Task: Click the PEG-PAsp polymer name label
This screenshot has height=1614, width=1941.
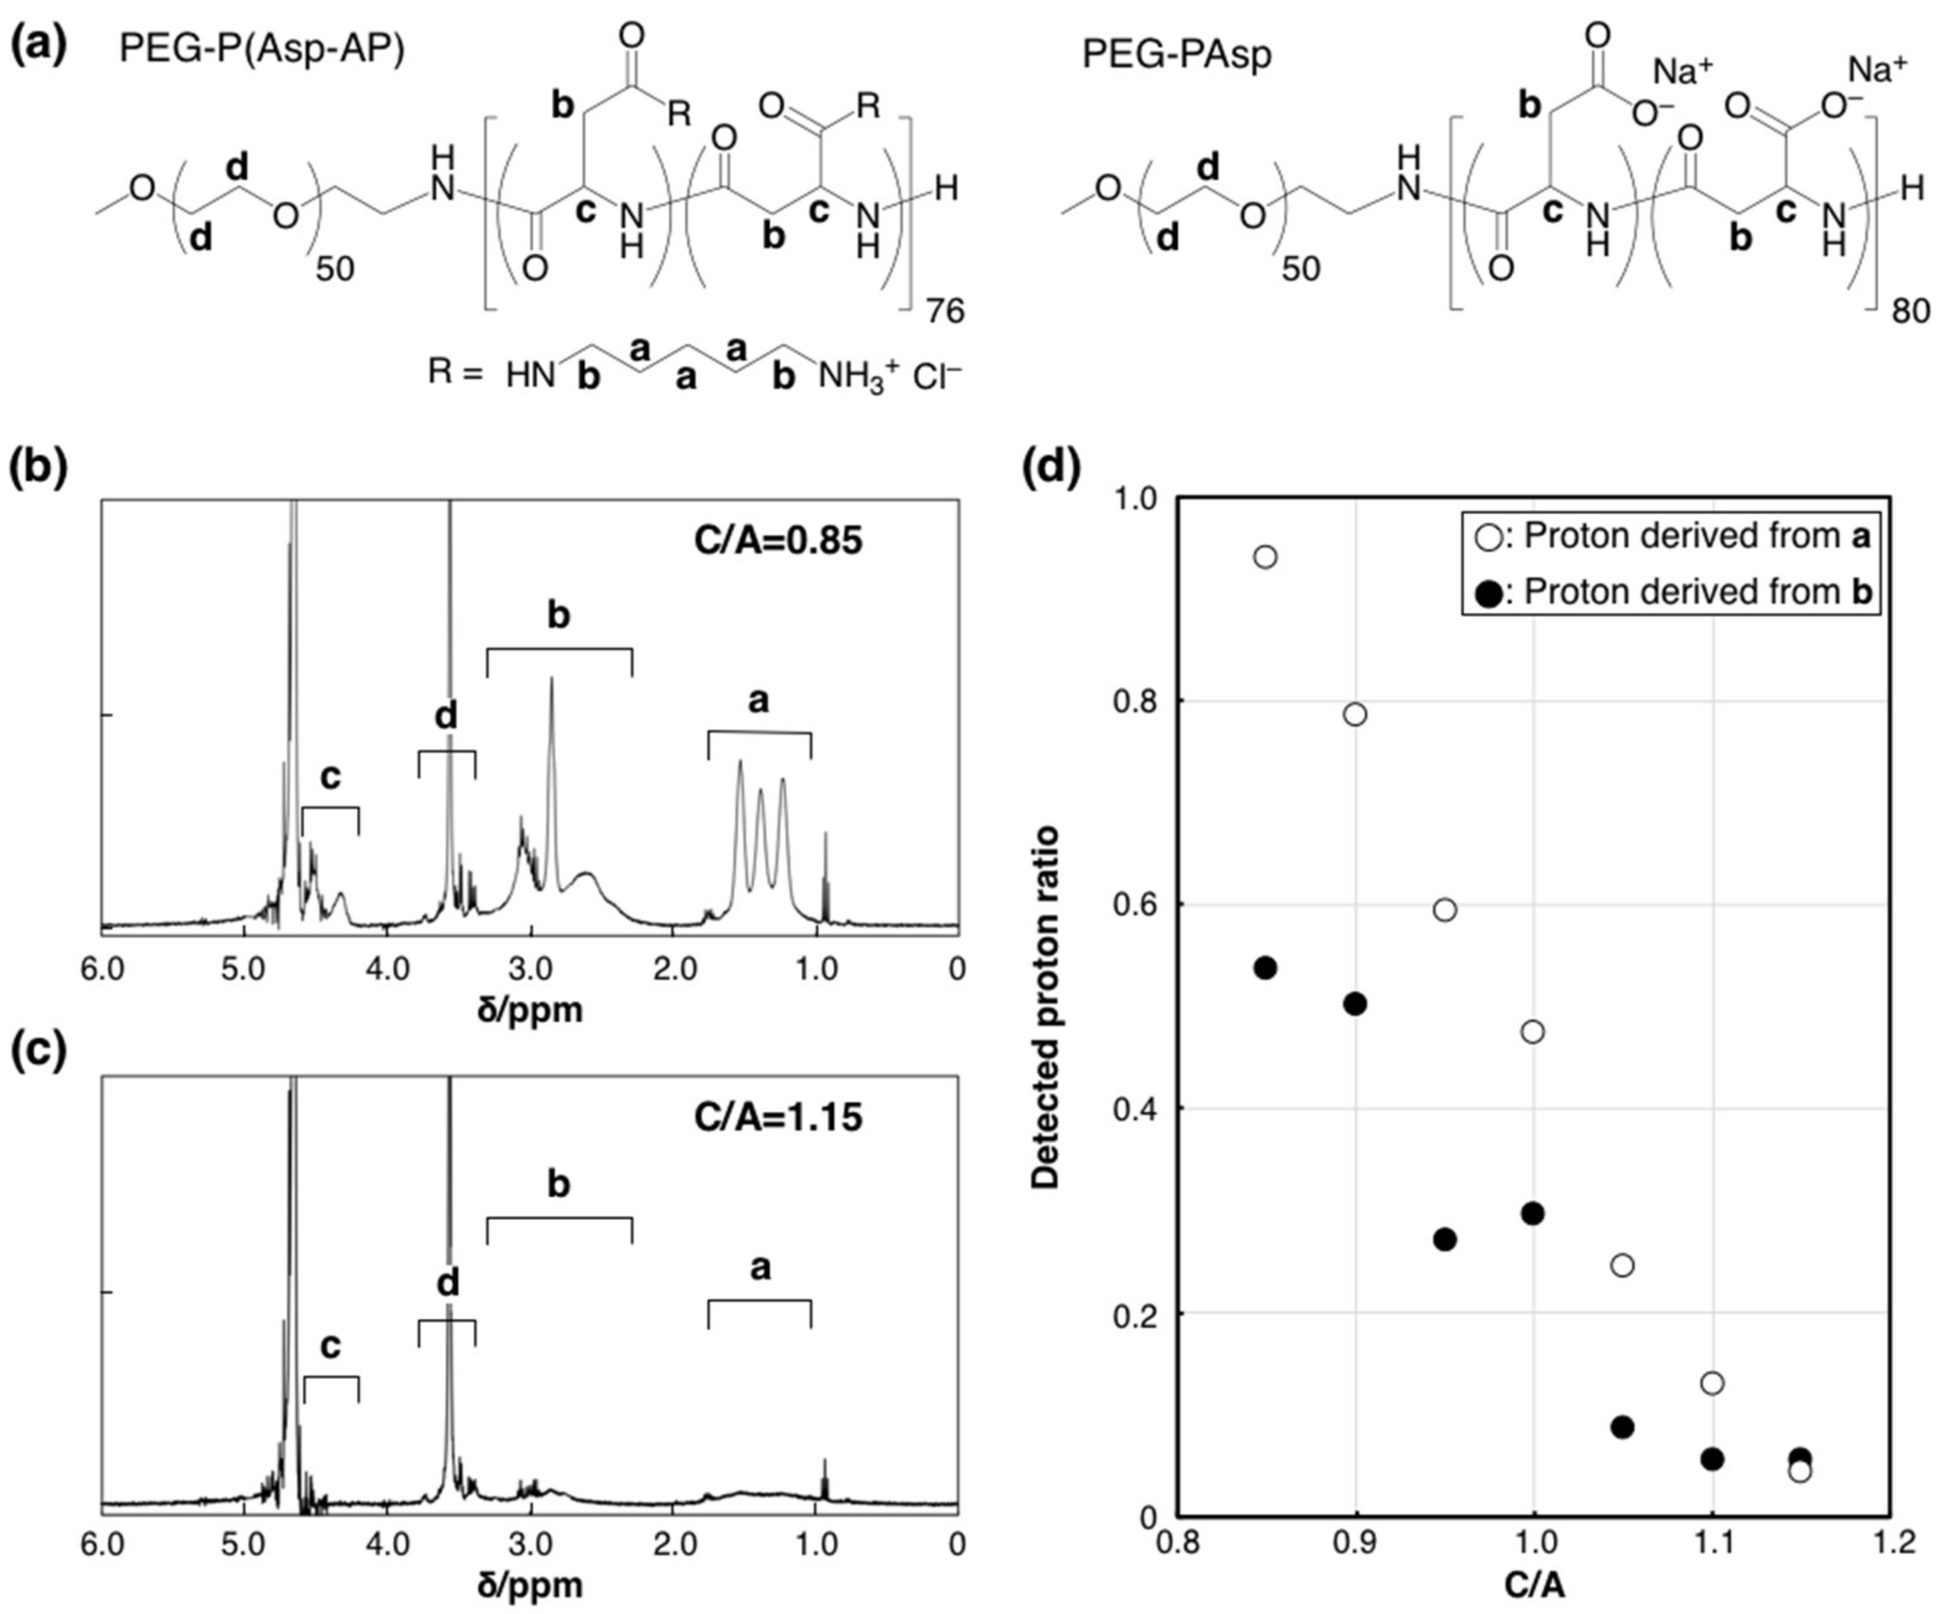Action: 1177,55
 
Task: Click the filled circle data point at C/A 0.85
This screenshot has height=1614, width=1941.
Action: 1265,968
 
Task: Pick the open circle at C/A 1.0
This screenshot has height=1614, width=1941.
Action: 1532,1032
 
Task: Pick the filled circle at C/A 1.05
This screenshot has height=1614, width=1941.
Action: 1622,1427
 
